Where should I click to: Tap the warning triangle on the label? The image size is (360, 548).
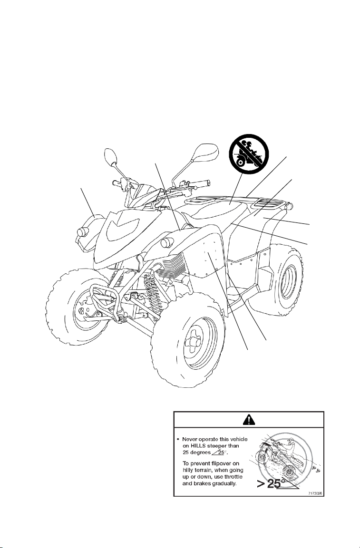click(x=248, y=419)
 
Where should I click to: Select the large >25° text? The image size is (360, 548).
click(x=273, y=484)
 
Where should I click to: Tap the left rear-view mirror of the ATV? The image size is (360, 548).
click(x=111, y=156)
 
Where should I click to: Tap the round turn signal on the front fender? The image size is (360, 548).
click(x=167, y=242)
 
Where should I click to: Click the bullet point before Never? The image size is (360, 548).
click(x=179, y=439)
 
